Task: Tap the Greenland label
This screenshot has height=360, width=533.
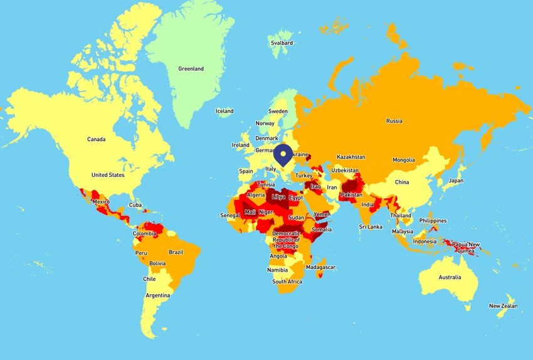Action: click(191, 69)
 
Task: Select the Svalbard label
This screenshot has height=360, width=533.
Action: click(280, 43)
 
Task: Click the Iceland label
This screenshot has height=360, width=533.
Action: click(224, 111)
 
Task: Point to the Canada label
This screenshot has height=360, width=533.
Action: click(97, 139)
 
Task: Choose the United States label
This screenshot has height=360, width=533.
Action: click(108, 175)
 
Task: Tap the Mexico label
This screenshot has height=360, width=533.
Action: click(101, 202)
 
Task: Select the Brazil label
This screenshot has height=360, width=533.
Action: click(176, 251)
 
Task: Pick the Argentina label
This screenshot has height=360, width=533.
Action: click(158, 295)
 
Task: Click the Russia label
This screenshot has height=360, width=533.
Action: click(394, 121)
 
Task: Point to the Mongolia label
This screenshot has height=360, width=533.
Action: click(403, 160)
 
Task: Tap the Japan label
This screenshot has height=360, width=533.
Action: click(456, 181)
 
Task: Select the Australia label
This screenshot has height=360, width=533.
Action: click(450, 277)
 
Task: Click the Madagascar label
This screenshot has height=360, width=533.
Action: click(320, 267)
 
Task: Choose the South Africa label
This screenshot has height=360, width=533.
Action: click(287, 282)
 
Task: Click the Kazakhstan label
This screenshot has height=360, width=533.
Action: click(351, 157)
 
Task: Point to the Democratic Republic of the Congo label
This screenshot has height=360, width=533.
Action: click(287, 240)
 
